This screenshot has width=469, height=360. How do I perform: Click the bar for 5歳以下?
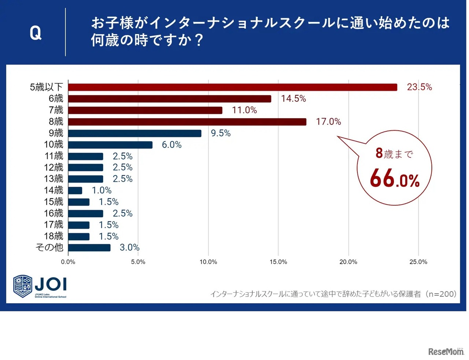232,87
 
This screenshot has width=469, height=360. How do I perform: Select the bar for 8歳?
187,122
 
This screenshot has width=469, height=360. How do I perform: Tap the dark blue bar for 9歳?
134,133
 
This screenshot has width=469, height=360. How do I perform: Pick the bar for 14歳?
75,190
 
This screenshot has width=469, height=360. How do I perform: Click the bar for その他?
89,248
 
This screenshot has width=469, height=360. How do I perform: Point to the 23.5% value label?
419,87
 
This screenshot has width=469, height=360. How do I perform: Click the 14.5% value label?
293,99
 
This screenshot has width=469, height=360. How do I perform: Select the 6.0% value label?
171,145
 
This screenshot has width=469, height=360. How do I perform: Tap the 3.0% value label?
129,248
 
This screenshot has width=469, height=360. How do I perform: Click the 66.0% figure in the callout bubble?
395,179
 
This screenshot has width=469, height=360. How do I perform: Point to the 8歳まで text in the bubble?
394,153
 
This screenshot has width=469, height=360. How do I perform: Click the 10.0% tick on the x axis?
208,262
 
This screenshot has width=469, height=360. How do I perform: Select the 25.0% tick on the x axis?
418,262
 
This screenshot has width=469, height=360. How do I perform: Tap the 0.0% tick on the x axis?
68,262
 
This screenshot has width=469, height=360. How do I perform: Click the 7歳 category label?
56,110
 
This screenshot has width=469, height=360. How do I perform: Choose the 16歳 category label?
53,213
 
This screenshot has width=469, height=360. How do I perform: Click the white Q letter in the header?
36,33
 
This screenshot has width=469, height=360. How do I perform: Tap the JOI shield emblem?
23,286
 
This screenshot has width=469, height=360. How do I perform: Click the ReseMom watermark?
446,352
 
